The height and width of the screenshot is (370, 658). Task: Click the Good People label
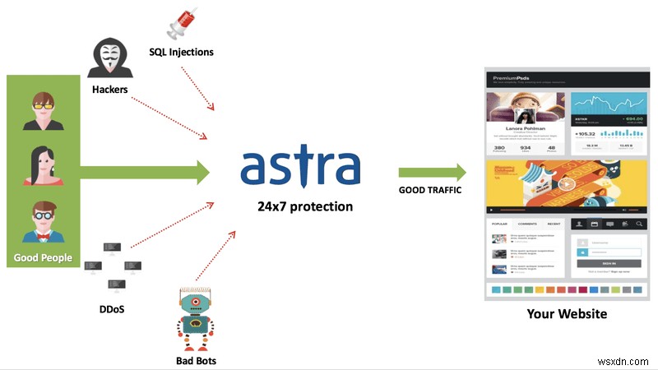43,258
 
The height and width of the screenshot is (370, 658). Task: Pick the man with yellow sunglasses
43,110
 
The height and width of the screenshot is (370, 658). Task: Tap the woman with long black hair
43,168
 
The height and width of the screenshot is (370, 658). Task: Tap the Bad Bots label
196,360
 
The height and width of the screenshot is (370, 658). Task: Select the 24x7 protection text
299,206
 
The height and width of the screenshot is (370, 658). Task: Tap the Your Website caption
567,314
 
